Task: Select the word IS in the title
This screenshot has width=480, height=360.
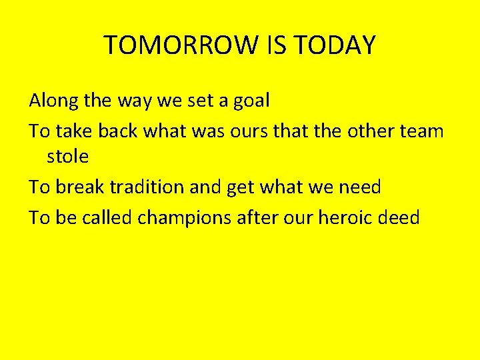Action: click(x=266, y=45)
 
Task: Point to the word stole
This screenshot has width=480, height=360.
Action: click(x=67, y=157)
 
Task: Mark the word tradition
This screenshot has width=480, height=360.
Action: click(x=147, y=187)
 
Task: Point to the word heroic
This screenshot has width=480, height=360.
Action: click(x=353, y=217)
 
